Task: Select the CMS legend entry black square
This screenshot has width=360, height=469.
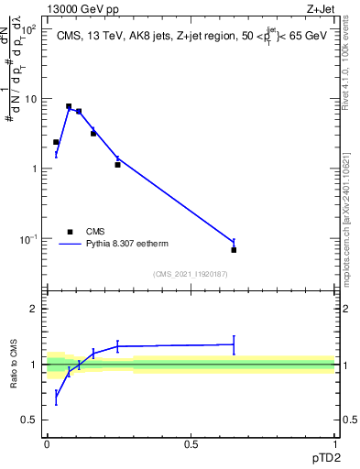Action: pos(70,232)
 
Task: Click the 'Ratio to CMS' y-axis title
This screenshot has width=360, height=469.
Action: pos(15,365)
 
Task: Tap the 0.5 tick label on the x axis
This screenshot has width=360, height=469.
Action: pos(191,443)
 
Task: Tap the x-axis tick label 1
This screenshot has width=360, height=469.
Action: pos(334,443)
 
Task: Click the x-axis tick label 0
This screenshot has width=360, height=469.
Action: pos(48,443)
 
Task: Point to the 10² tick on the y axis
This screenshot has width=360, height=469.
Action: pos(29,28)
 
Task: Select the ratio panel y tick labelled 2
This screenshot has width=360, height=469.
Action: pos(33,309)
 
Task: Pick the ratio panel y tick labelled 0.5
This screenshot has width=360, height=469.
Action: pos(29,420)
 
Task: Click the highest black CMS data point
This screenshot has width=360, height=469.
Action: pos(69,106)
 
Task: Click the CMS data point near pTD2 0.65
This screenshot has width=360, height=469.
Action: pos(234,250)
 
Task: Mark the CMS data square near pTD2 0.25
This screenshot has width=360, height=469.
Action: pos(117,165)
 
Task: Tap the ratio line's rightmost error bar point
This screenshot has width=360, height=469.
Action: pos(234,344)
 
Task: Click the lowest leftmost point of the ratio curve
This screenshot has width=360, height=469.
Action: pos(56,398)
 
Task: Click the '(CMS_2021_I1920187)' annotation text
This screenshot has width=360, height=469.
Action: pos(190,274)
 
